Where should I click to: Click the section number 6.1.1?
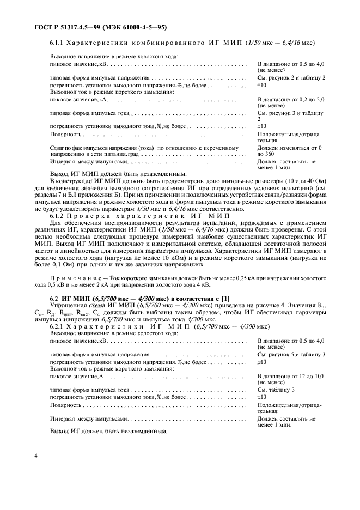click(58, 42)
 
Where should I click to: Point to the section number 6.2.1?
click(58, 326)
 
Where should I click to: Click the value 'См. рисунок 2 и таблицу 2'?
click(291, 78)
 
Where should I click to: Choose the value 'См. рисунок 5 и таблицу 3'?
click(291, 354)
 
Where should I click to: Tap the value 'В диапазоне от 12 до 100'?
click(290, 376)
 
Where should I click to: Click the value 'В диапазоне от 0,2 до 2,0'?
click(290, 100)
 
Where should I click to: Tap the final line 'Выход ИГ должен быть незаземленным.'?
click(101, 432)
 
